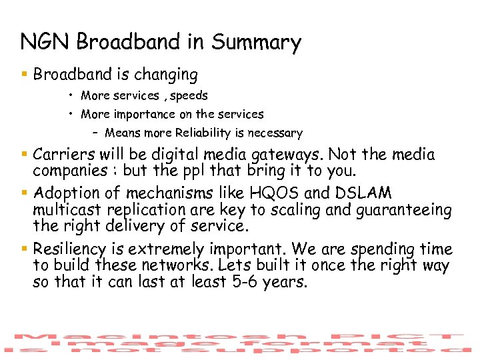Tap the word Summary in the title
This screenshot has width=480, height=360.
(256, 43)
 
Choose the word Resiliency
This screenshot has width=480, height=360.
(73, 250)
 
